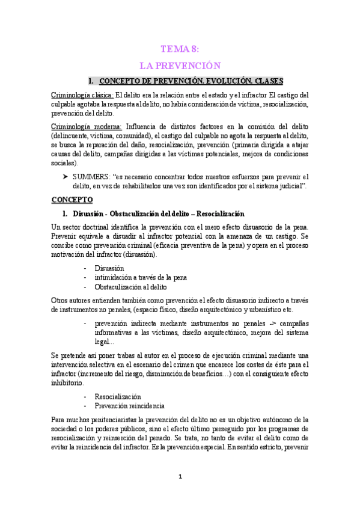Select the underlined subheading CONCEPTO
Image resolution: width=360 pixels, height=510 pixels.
[72, 199]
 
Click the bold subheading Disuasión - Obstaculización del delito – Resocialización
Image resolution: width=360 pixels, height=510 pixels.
[159, 214]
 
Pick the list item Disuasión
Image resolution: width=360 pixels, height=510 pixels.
[109, 268]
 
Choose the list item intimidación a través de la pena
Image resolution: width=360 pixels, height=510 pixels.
[140, 277]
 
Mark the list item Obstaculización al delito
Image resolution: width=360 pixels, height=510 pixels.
[130, 287]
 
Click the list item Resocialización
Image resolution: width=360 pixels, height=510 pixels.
[118, 397]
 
